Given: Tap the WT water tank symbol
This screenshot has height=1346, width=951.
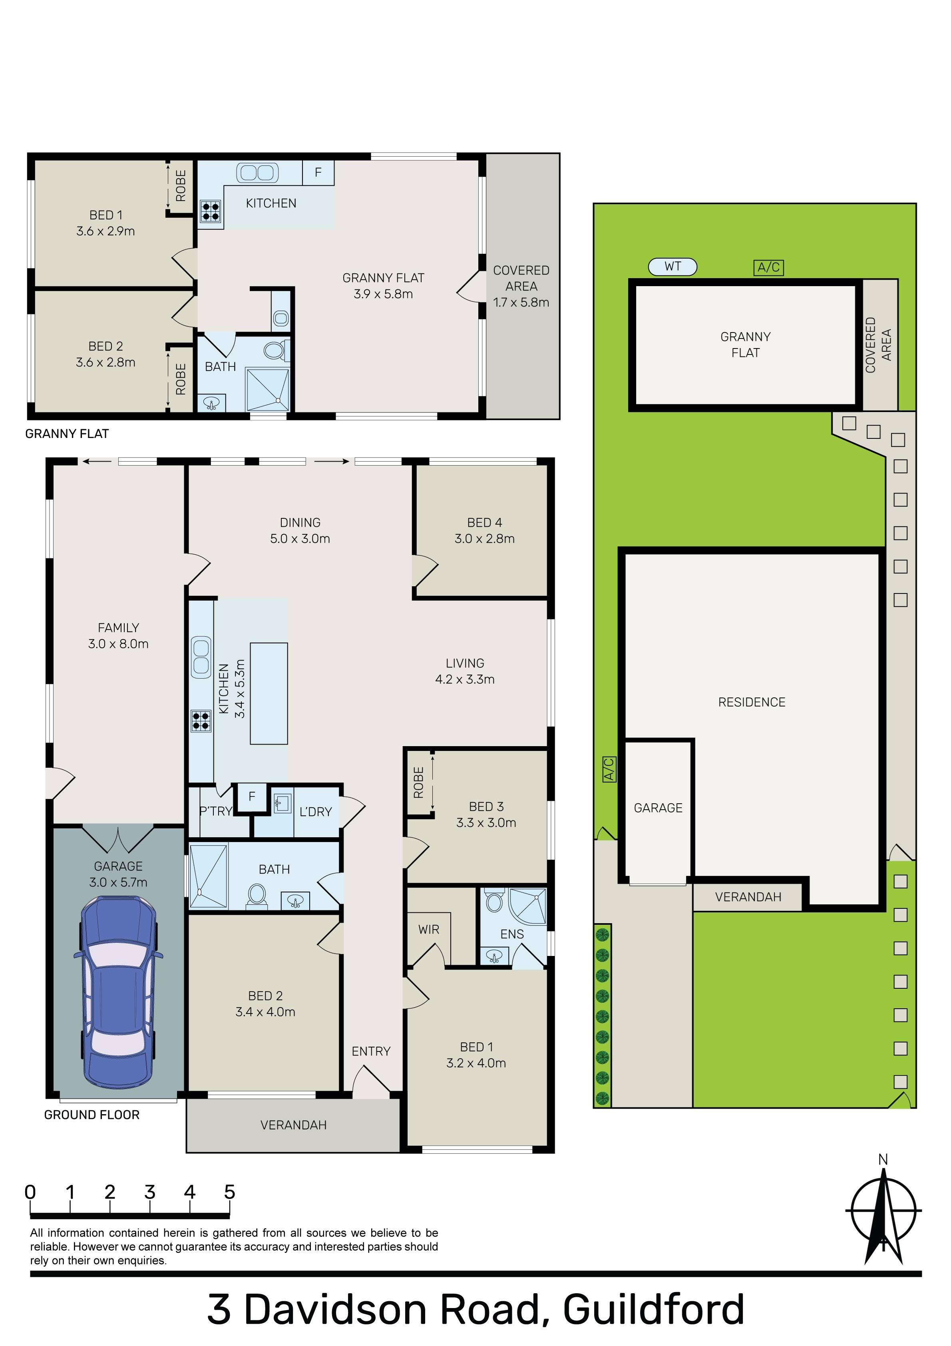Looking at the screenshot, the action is pos(672,267).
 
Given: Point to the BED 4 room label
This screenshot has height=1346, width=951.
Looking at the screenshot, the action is pos(484,522).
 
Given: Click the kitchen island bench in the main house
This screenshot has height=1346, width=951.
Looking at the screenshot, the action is pos(269,693).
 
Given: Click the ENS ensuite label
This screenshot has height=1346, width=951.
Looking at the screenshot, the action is pos(512,934).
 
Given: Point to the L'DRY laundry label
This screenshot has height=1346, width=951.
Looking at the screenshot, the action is pos(315,812).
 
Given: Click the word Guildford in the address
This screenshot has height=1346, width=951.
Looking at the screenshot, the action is pos(653,1310).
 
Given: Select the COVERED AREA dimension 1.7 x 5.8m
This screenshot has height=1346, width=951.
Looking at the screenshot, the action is pos(521,303).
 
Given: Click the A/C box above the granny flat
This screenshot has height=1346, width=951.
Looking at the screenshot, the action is pos(768,267).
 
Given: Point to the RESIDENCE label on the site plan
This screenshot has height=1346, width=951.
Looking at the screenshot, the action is pos(752,702).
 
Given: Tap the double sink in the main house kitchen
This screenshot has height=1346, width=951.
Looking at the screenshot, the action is pos(201,657).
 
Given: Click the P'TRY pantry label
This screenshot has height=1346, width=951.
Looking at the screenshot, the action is pos(216,811).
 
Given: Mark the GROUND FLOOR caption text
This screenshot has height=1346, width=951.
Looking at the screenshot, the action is pos(92,1115).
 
